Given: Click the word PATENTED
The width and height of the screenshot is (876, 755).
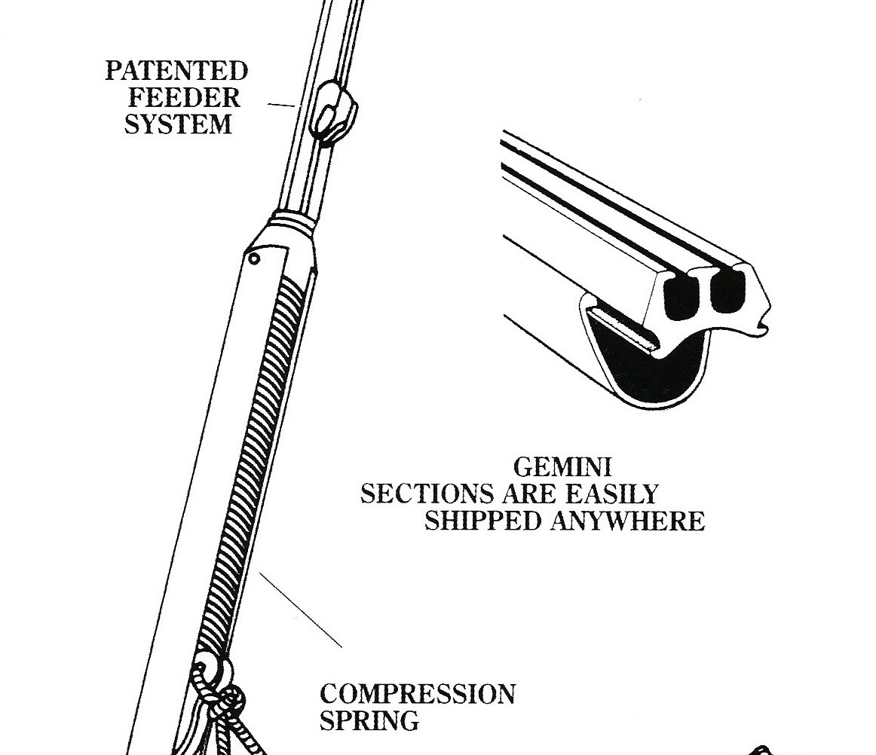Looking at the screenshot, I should tap(176, 72).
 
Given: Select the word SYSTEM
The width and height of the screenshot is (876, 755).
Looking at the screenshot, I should tap(178, 124).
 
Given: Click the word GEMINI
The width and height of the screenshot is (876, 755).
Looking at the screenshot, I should tap(562, 468).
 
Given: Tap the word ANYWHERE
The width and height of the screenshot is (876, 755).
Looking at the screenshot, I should tap(628, 521).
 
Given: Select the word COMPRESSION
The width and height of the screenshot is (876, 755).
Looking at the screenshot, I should tap(418, 694).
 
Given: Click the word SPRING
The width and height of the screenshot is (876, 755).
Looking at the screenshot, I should tap(369, 720).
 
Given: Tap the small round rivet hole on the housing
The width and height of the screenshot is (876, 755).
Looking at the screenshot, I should tap(255, 258).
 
